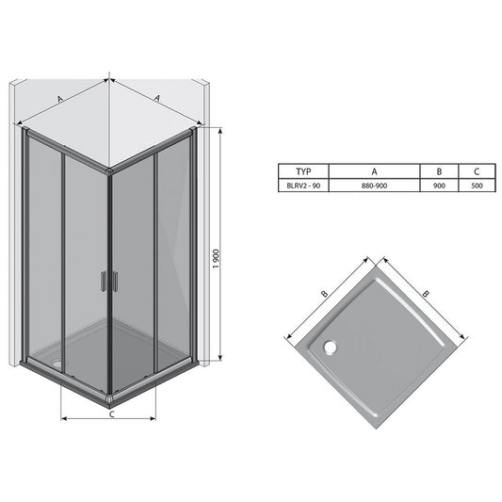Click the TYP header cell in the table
tap(303, 171)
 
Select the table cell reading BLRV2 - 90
tap(303, 186)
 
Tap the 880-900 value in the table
tap(374, 186)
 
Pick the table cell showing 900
tap(439, 186)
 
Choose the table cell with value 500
tap(477, 186)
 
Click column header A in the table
tap(374, 171)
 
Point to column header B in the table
tap(439, 171)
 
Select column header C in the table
tap(477, 171)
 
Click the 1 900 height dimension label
tap(217, 259)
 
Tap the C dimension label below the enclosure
tap(112, 414)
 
